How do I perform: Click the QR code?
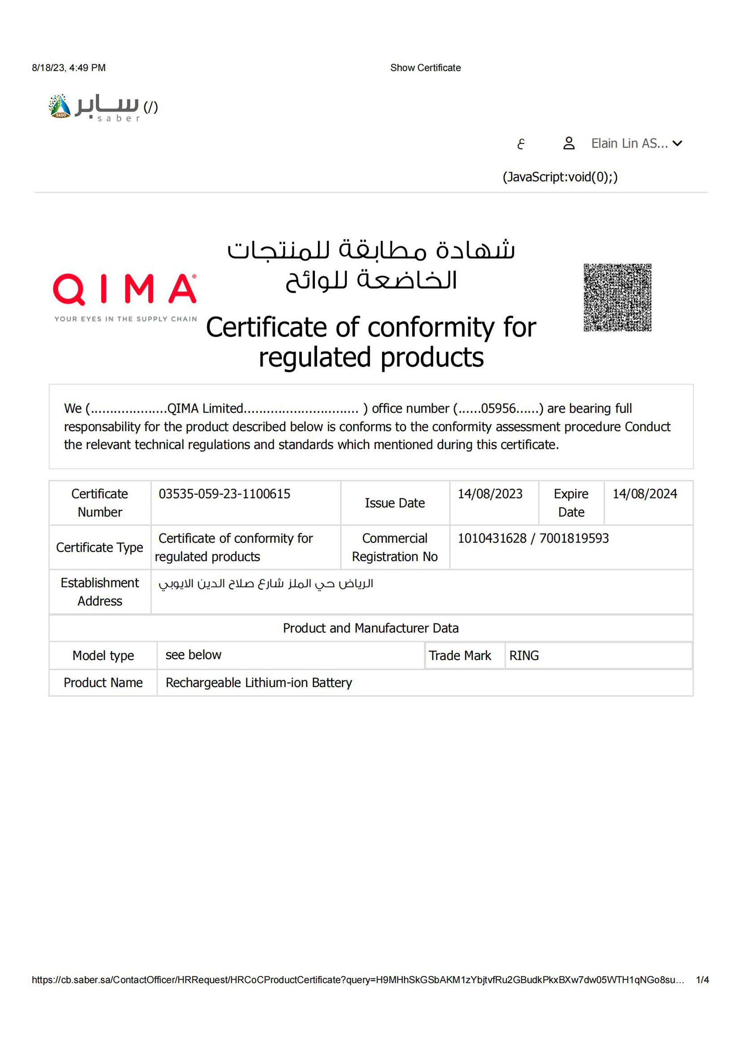tap(617, 297)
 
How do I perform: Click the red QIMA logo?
tap(125, 289)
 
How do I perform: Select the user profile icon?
tap(568, 144)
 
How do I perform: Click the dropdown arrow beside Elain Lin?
tap(678, 144)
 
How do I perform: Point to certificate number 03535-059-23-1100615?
tap(224, 494)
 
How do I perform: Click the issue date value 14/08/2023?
tap(490, 494)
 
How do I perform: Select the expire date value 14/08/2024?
tap(644, 494)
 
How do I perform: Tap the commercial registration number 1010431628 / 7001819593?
tap(533, 538)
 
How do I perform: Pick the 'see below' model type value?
tap(193, 655)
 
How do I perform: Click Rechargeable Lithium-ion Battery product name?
tap(258, 683)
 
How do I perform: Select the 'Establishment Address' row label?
tap(100, 591)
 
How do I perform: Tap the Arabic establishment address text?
tap(266, 583)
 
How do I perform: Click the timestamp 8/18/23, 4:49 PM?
tap(69, 68)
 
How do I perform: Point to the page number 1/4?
tap(702, 979)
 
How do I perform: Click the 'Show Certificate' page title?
tap(425, 68)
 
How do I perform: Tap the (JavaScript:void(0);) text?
tap(560, 177)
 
